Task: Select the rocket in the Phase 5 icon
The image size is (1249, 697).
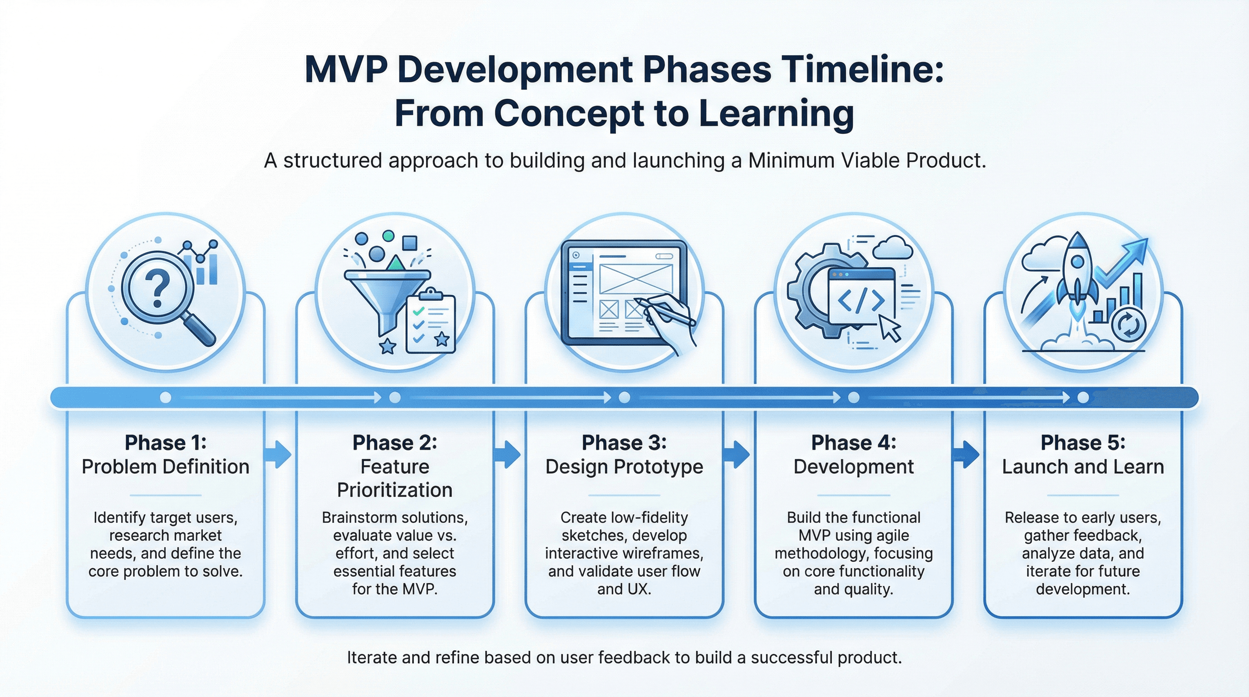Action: click(1077, 271)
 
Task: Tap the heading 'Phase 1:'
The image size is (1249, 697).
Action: click(165, 442)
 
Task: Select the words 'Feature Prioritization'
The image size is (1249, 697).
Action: click(395, 478)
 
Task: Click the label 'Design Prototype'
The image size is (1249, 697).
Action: click(624, 467)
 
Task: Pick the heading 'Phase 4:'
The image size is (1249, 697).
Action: click(853, 442)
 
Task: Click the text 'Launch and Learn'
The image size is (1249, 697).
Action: click(1083, 467)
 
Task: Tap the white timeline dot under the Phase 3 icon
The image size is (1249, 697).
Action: click(624, 398)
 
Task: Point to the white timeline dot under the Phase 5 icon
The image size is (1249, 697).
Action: click(1083, 398)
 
